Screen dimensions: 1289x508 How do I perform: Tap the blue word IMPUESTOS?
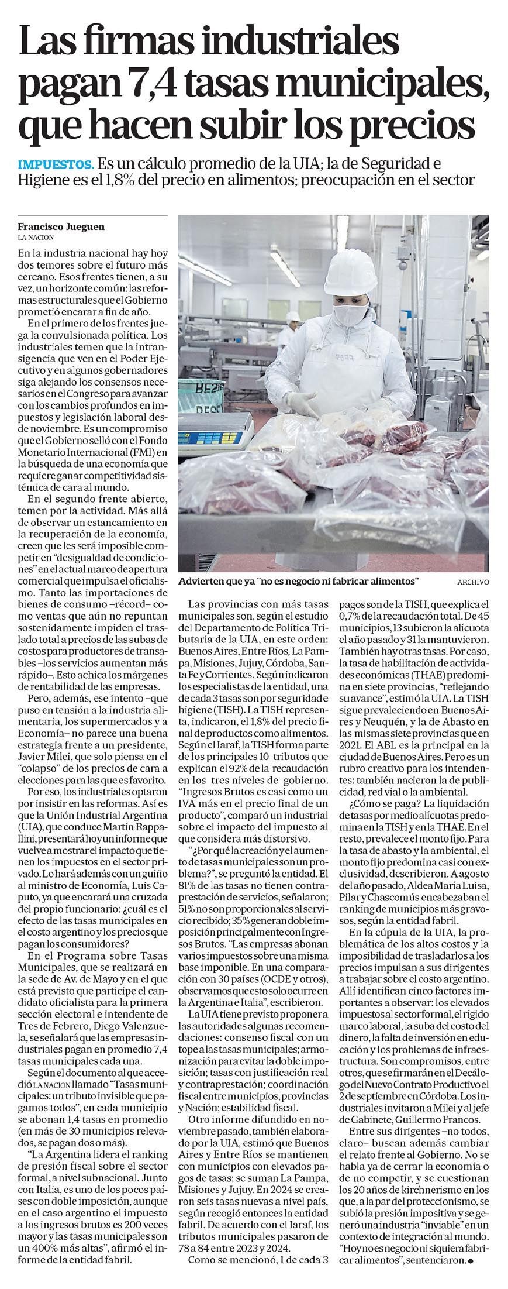pos(56,163)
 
